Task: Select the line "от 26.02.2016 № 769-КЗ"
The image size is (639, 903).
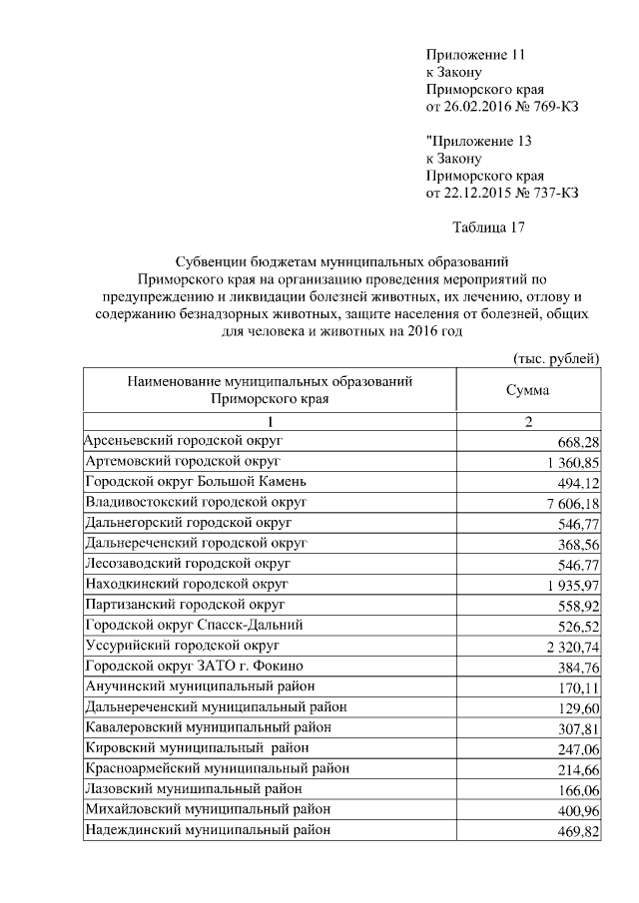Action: pos(502,107)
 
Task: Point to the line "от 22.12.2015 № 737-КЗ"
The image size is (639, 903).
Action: pos(502,193)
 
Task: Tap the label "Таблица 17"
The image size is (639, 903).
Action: pos(488,227)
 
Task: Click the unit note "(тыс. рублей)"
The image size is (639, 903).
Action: pos(555,357)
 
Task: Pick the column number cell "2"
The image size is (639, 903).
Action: pos(528,422)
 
